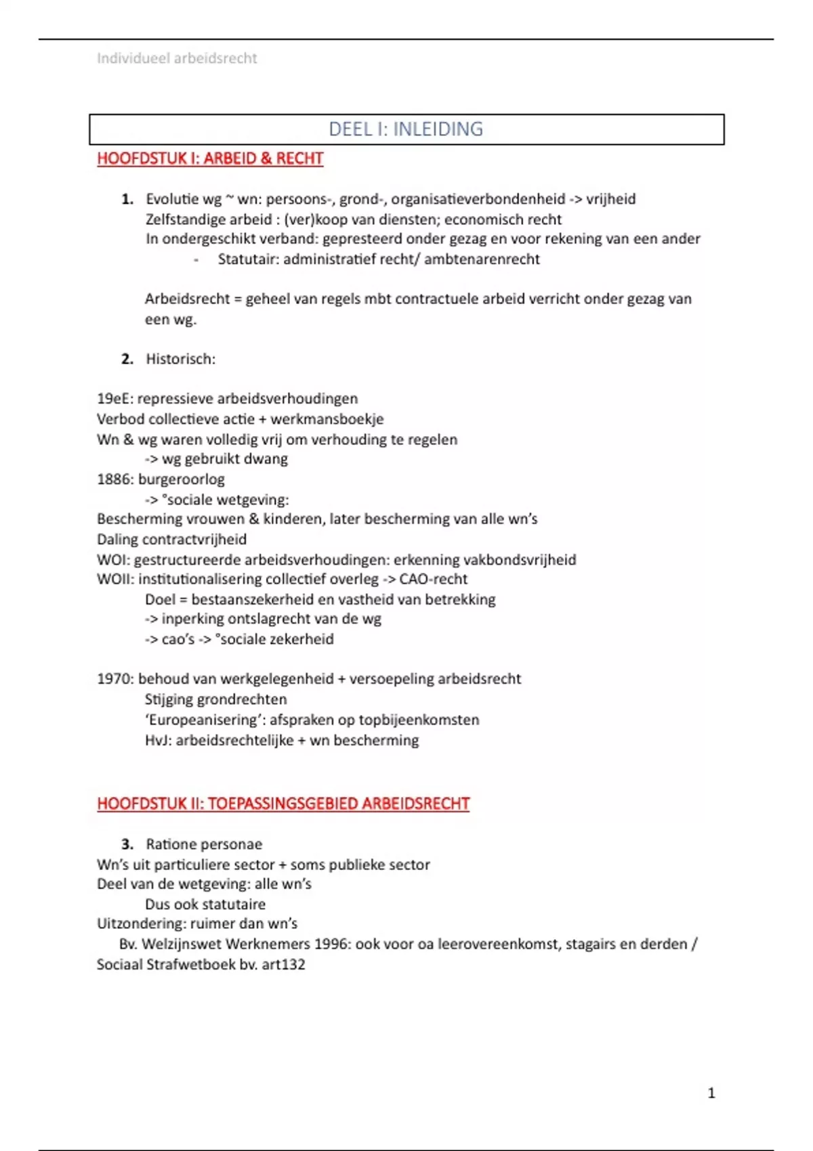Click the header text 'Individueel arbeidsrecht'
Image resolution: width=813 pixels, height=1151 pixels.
tap(177, 58)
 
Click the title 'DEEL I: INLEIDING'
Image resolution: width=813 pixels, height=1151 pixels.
tap(406, 129)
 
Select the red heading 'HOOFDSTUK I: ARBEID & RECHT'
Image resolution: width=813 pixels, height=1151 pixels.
tap(210, 158)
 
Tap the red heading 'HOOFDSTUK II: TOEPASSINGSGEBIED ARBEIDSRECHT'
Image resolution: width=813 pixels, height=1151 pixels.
tap(283, 804)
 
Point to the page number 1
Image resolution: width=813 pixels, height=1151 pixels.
tap(711, 1093)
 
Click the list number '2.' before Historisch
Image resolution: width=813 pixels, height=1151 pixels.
tap(127, 359)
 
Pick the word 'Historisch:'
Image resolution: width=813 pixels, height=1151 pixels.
tap(180, 359)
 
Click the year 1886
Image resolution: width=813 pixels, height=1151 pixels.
tap(114, 479)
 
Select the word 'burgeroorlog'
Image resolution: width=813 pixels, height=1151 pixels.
tap(182, 479)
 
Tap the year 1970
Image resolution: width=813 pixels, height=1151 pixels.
tap(114, 679)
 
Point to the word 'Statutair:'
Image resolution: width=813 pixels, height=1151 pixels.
tap(248, 259)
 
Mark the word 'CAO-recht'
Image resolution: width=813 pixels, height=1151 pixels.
tap(434, 580)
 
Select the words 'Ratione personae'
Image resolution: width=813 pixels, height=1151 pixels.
tap(204, 844)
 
